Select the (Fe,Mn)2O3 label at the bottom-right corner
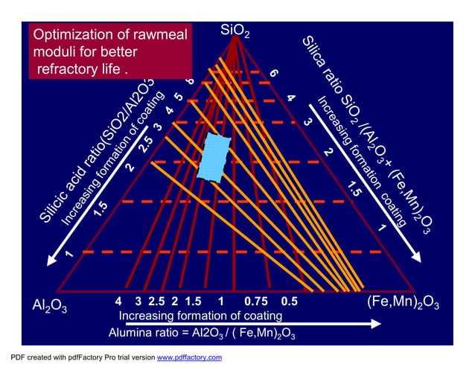click(403, 303)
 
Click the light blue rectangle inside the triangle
click(214, 156)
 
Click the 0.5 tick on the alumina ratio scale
click(289, 302)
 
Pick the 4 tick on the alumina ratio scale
click(119, 302)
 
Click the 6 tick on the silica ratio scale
click(274, 74)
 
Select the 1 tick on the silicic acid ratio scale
click(68, 255)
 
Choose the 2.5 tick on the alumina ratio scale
click(156, 302)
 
